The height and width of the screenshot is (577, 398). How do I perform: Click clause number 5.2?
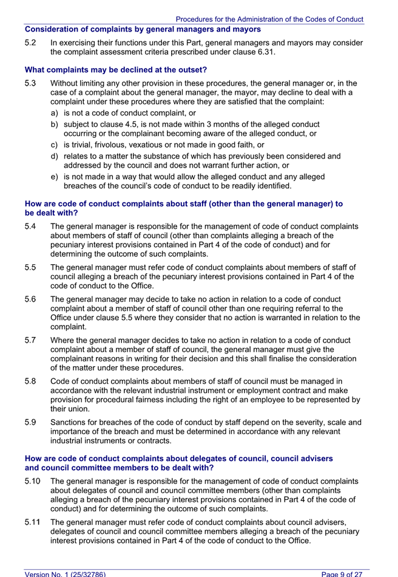(30, 43)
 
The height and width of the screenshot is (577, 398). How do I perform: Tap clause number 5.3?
(30, 83)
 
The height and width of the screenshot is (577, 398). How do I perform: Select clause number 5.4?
(30, 227)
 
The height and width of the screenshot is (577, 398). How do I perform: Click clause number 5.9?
(30, 422)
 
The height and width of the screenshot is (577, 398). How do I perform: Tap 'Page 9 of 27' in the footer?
(342, 573)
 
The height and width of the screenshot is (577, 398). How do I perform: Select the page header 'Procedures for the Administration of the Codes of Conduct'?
(269, 19)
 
